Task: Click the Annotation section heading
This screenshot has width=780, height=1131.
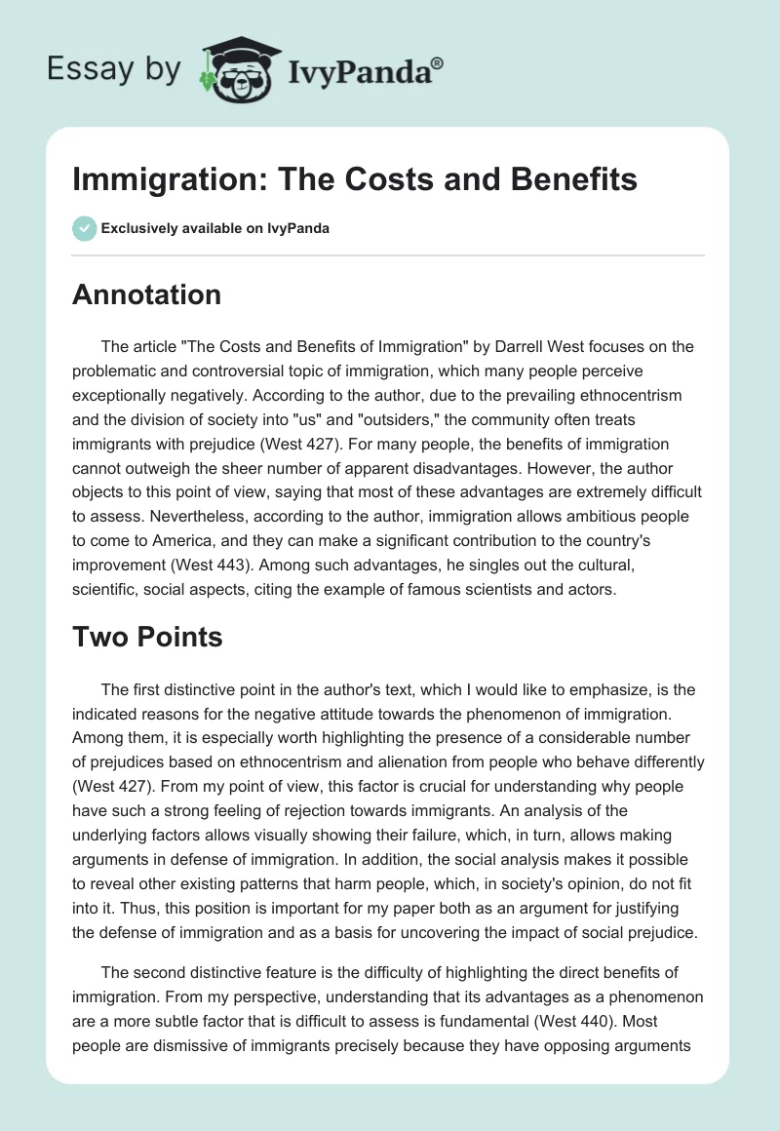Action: [146, 293]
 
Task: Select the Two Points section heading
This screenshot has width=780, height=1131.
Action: [147, 638]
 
